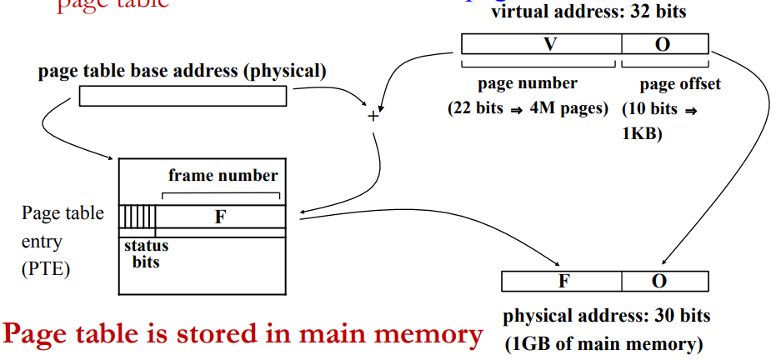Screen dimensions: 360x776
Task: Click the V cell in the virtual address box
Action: (x=542, y=44)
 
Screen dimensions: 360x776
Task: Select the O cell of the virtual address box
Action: (x=664, y=44)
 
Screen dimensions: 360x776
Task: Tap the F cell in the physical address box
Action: (x=563, y=281)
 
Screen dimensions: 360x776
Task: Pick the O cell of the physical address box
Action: (x=664, y=281)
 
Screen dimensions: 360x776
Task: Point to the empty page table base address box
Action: (x=182, y=97)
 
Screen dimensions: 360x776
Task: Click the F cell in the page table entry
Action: (x=220, y=217)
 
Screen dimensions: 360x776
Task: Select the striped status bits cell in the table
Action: (x=138, y=217)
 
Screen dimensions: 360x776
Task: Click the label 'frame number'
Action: (x=223, y=176)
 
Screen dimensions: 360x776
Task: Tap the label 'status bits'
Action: (x=146, y=253)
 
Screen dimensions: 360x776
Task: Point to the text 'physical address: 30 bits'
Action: (x=606, y=317)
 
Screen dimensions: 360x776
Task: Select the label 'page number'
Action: (x=527, y=84)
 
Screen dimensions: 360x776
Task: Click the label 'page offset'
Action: (x=679, y=84)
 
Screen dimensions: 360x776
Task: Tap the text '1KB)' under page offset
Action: (x=642, y=132)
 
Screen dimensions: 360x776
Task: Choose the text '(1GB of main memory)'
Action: (x=603, y=342)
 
